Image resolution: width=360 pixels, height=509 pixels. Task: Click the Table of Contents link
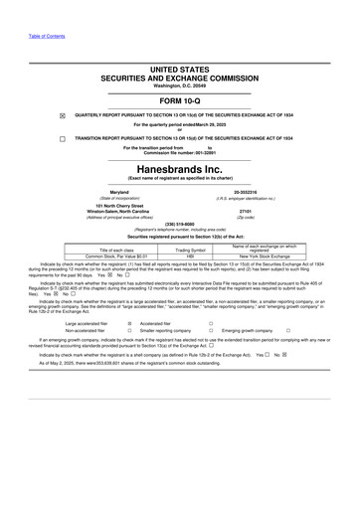[47, 36]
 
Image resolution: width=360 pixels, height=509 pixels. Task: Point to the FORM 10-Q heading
[179, 102]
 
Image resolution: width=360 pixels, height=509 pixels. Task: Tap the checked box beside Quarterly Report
[62, 115]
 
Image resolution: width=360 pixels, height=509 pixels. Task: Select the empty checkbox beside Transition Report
[62, 138]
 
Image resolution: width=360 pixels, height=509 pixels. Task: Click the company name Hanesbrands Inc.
[179, 169]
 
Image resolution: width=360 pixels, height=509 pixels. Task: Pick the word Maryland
[119, 192]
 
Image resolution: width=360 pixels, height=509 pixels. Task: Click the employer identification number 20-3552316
[246, 192]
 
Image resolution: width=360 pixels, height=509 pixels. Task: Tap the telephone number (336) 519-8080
[179, 224]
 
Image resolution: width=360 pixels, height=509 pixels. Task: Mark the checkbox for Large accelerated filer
[130, 324]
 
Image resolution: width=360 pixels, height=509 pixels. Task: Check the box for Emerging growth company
[288, 331]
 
